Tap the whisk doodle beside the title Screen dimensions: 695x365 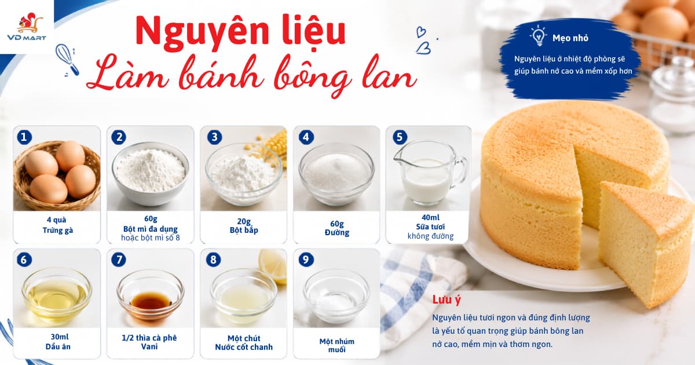[x=67, y=60]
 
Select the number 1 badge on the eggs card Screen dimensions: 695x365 [x=24, y=137]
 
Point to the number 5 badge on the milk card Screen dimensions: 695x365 [x=400, y=137]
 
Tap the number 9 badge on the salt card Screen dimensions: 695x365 [x=306, y=260]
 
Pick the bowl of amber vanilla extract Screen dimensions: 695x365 [x=151, y=295]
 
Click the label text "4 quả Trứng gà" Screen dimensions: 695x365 [x=57, y=225]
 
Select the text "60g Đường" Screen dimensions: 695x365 [x=337, y=228]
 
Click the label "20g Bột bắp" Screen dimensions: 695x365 [x=244, y=225]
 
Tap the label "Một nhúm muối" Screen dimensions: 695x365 [x=337, y=345]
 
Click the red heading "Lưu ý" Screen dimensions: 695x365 [x=447, y=300]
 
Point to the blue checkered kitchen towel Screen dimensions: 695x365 [x=422, y=295]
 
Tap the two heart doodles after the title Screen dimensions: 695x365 [x=423, y=41]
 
